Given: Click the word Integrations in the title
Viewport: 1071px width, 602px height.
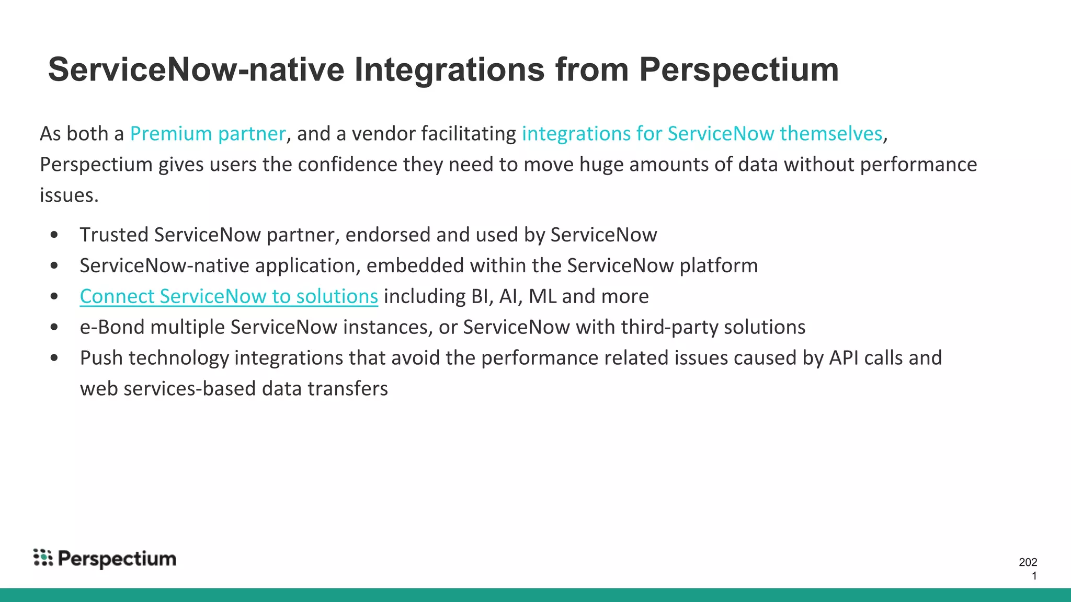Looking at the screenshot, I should [449, 70].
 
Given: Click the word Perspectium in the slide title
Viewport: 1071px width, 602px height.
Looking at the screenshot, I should [738, 70].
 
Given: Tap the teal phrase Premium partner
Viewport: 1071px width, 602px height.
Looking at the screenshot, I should [208, 134].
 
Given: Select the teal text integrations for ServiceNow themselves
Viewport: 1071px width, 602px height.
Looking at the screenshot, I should [702, 134].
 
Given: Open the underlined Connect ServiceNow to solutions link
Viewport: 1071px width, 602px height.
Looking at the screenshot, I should [229, 296].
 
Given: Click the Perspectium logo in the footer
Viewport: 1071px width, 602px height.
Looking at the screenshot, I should [117, 559].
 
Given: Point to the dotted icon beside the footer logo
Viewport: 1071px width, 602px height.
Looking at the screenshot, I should [43, 558].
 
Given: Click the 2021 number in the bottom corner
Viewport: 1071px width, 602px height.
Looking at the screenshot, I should [1028, 569].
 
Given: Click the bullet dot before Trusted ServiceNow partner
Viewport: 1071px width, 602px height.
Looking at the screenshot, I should [54, 235].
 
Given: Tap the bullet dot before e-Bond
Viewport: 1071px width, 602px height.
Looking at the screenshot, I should [54, 328].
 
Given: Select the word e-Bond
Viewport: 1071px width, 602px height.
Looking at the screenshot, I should [112, 327].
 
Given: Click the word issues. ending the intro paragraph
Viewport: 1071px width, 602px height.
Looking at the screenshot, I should [69, 195].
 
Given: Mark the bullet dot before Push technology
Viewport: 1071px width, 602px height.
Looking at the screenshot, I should [54, 358].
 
